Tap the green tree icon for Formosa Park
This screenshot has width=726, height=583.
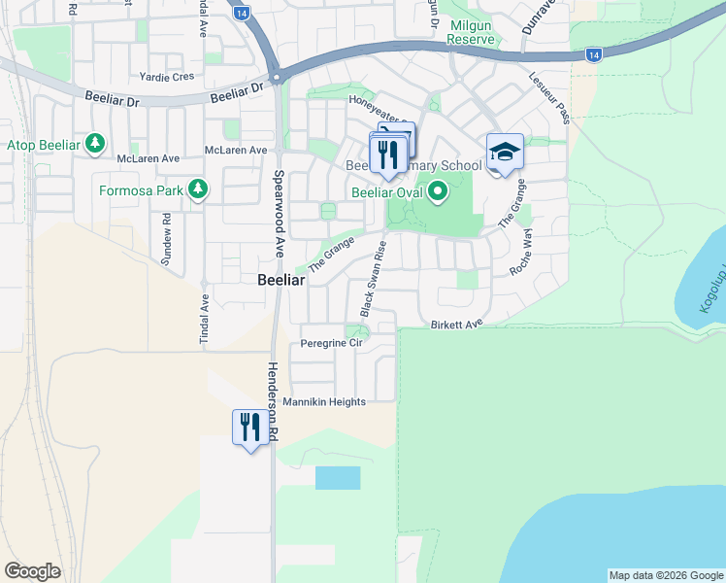tap(199, 189)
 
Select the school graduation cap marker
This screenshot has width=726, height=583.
tap(505, 153)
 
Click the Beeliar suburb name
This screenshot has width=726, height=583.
tap(281, 279)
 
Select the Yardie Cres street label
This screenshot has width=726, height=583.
tap(168, 77)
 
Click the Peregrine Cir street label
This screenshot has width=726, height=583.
tap(331, 344)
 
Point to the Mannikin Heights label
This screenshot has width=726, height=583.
tap(324, 402)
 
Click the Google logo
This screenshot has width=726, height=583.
tap(32, 570)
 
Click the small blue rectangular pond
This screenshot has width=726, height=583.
tap(338, 477)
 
